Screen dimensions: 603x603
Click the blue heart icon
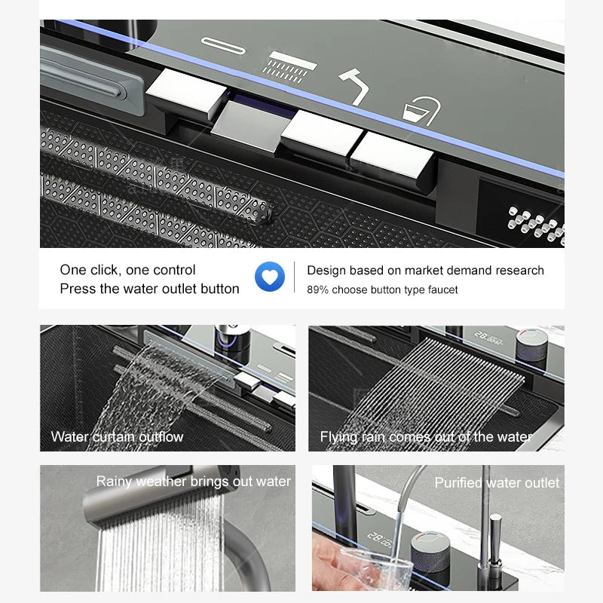tap(270, 277)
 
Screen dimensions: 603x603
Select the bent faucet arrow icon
tap(354, 87)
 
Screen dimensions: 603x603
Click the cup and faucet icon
tap(421, 111)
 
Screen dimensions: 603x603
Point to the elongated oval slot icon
tap(223, 46)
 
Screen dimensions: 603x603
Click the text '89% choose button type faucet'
tap(382, 289)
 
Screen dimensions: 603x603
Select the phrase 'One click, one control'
tap(127, 270)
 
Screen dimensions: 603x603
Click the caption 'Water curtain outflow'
tap(117, 437)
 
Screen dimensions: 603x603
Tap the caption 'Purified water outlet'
tap(497, 482)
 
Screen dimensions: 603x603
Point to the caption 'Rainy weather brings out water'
tap(194, 481)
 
